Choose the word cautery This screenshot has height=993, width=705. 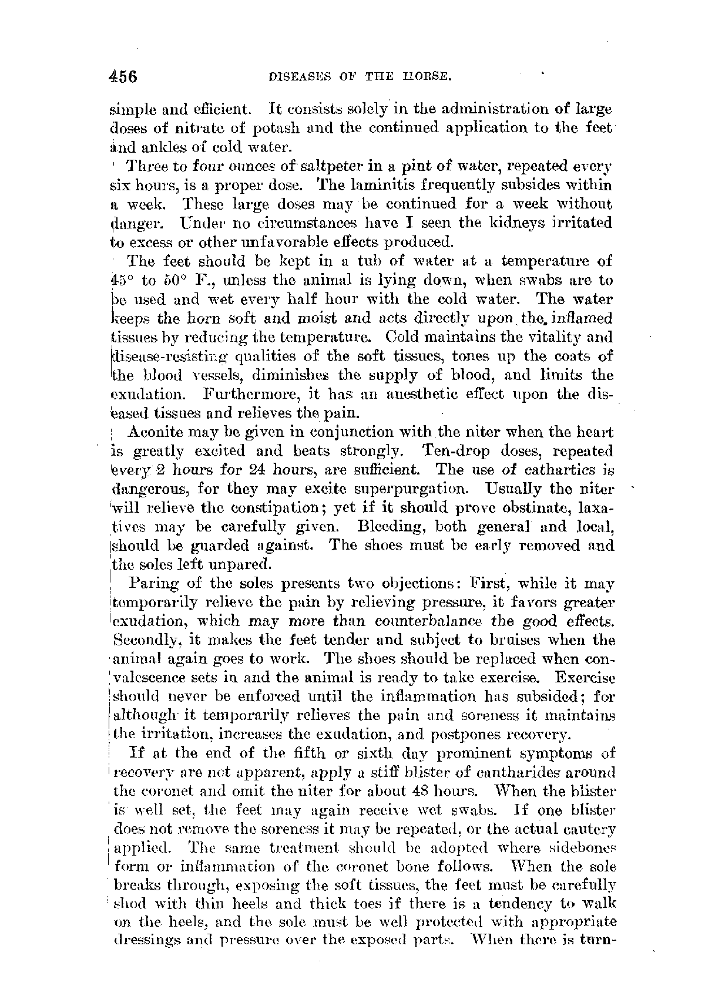[586, 829]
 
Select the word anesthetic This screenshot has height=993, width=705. [422, 394]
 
